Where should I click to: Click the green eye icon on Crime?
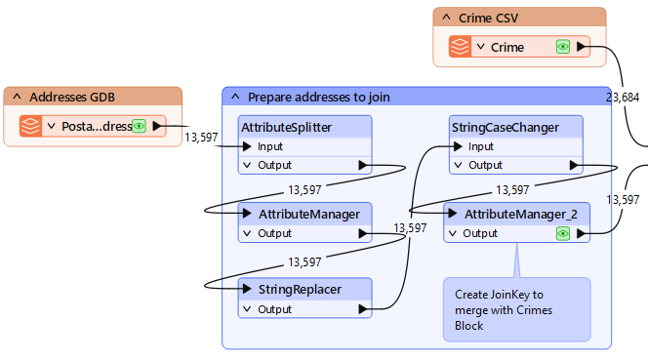point(563,47)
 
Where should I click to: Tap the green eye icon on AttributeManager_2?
point(563,234)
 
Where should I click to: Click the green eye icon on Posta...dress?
point(140,126)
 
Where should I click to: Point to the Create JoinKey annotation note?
point(516,309)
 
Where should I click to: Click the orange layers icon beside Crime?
point(460,47)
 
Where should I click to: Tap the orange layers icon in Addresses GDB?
point(30,126)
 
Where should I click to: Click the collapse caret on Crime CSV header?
point(446,18)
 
